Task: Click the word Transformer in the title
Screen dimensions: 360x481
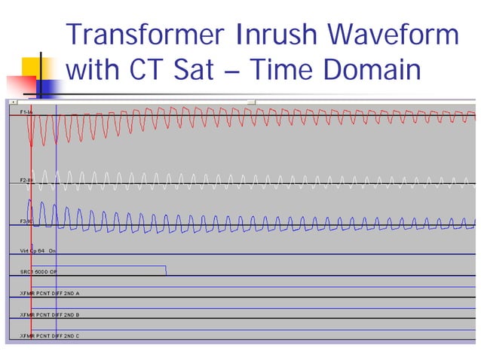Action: tap(148, 35)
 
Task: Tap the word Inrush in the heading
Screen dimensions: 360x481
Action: tap(280, 35)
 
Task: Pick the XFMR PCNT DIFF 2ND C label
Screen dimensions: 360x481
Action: tap(50, 335)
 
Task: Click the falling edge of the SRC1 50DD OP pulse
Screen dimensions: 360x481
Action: tap(166, 270)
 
